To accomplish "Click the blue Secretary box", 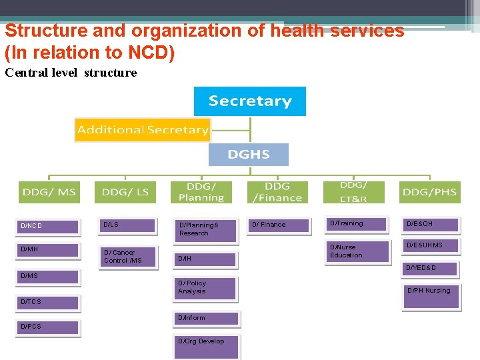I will [249, 101].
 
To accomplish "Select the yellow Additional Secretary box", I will [142, 129].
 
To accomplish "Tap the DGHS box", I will [248, 155].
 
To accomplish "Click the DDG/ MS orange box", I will [49, 192].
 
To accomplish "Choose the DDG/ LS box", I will [125, 192].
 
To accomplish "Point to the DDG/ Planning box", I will [201, 192].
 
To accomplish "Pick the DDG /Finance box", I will [277, 192].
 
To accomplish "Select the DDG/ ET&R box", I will [353, 192].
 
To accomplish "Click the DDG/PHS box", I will [429, 192].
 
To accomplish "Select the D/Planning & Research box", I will [206, 230].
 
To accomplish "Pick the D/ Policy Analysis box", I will [206, 288].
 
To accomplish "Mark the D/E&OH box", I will [432, 224].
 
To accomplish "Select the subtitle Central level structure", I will [71, 73].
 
